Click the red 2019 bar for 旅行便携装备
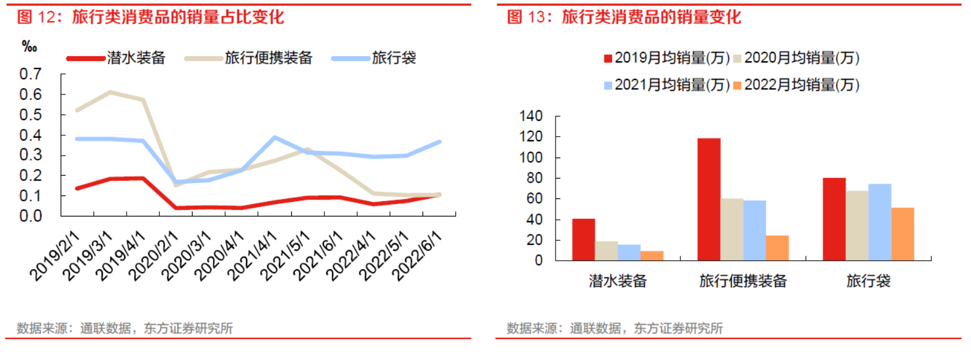click(x=708, y=199)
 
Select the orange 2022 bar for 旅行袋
click(x=902, y=234)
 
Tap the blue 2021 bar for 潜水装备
click(x=629, y=253)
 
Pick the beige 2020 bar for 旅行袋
click(x=857, y=225)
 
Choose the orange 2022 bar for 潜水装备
click(x=652, y=256)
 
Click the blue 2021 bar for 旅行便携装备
click(x=754, y=230)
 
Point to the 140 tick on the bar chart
click(x=531, y=116)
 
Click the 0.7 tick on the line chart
click(x=30, y=74)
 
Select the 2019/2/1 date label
click(x=54, y=256)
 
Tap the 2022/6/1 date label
click(x=416, y=256)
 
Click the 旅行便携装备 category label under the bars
click(x=743, y=281)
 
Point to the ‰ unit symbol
click(x=29, y=47)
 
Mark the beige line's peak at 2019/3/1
click(x=110, y=92)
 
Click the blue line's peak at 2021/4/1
click(x=274, y=138)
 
